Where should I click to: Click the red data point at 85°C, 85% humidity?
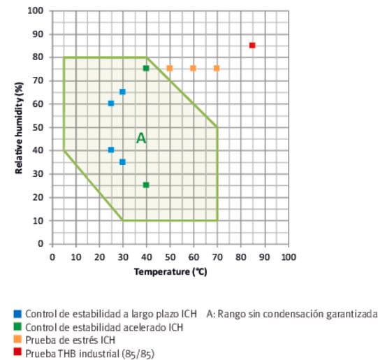click(x=252, y=45)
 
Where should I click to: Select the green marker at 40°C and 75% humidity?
click(x=146, y=68)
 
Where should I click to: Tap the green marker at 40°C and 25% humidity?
click(x=146, y=185)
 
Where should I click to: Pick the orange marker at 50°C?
click(x=170, y=68)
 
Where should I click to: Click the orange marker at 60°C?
click(x=193, y=68)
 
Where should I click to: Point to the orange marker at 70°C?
click(x=217, y=68)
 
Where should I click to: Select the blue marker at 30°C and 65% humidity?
click(x=122, y=92)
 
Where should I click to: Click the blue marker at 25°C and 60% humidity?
click(x=110, y=103)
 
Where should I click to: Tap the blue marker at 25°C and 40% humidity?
click(x=110, y=150)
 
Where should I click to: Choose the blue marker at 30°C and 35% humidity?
click(x=122, y=161)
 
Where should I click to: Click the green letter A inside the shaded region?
click(x=141, y=138)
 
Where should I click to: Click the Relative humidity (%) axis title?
click(x=22, y=127)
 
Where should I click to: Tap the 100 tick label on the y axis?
click(x=36, y=11)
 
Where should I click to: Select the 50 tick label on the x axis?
click(x=170, y=256)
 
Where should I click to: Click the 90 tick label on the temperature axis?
click(x=264, y=256)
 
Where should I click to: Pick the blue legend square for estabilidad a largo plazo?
click(x=17, y=313)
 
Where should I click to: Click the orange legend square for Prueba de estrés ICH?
click(x=17, y=340)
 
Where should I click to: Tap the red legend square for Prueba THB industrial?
click(x=17, y=354)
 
